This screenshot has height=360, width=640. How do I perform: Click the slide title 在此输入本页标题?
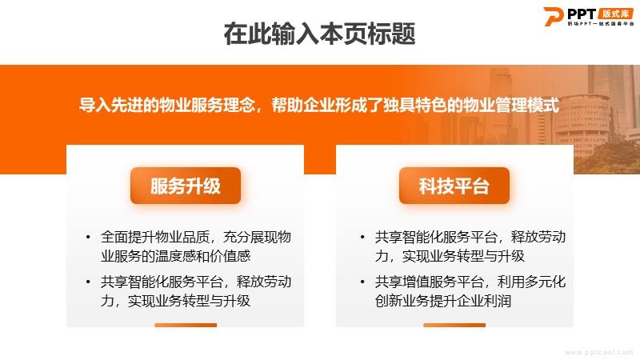tap(319, 34)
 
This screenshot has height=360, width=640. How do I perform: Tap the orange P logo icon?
tap(553, 16)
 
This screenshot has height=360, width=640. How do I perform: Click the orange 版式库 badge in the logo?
tap(615, 14)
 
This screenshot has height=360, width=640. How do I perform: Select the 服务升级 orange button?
tap(186, 186)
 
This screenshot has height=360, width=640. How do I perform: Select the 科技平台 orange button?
tap(454, 186)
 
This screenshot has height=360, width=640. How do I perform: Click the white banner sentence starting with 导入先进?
tap(318, 105)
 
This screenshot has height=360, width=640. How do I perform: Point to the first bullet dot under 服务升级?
tap(88, 237)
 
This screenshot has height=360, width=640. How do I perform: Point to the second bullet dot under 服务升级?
tap(88, 282)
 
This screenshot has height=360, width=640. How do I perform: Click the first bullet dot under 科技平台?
tap(362, 237)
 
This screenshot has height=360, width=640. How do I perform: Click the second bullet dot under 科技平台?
tap(362, 282)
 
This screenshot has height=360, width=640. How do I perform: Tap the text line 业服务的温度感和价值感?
tap(175, 256)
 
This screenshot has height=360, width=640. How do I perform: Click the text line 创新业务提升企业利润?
tap(443, 301)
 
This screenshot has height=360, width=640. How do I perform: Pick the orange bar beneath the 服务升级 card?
tap(186, 326)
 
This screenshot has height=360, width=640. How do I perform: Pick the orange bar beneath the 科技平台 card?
tap(454, 326)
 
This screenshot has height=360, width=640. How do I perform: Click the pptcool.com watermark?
tap(598, 352)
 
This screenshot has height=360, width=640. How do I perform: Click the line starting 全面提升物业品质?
tap(196, 237)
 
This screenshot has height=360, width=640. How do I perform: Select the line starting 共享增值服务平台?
tap(470, 282)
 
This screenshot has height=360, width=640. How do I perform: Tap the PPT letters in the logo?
tap(582, 14)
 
